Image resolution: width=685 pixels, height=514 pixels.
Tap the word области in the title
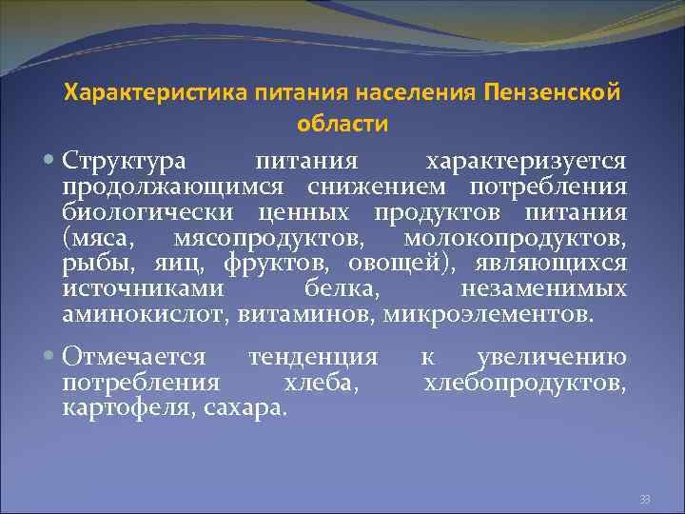pos(342,124)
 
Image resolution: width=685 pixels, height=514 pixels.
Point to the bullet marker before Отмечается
pos(50,358)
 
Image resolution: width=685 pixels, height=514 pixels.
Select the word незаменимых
pos(543,288)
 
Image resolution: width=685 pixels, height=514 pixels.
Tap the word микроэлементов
pos(487,314)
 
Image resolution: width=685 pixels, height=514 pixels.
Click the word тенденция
pos(312,358)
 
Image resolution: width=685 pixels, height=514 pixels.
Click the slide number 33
pos(644,498)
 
